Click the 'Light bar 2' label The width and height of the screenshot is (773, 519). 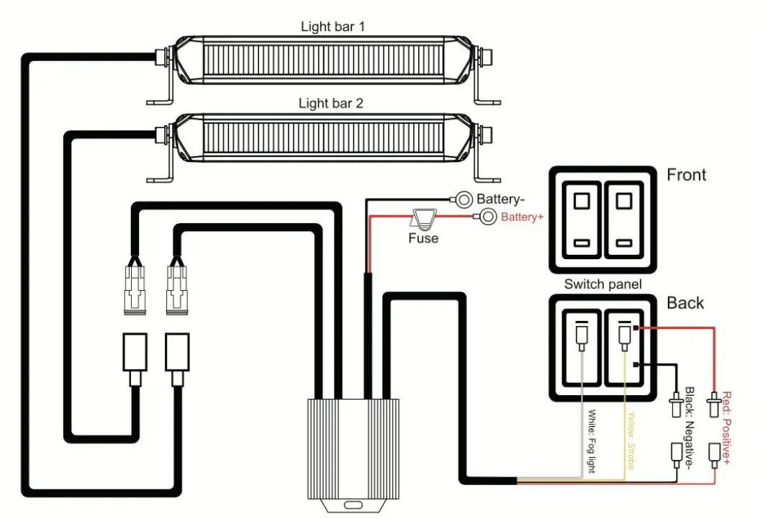click(330, 103)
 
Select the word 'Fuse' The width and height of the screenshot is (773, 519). click(422, 238)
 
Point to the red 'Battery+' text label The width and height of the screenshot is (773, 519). click(522, 217)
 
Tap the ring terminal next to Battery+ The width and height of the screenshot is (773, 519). click(487, 216)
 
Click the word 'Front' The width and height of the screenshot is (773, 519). click(686, 175)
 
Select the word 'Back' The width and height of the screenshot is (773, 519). click(684, 302)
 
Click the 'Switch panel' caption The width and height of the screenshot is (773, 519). click(602, 284)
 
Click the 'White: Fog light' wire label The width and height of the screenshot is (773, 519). click(592, 441)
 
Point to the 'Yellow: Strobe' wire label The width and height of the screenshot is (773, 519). click(630, 441)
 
